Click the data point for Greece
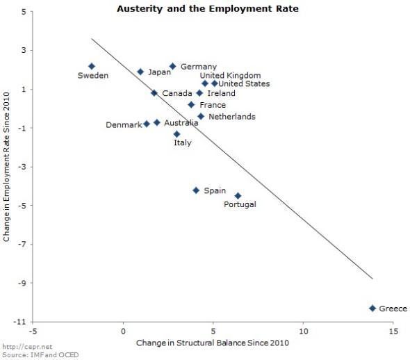[372, 308]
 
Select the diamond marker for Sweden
[92, 66]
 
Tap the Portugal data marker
[238, 196]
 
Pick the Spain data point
[196, 190]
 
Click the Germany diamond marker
[173, 66]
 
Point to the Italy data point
[177, 134]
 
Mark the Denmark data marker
[147, 124]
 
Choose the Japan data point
[140, 72]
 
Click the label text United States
[244, 84]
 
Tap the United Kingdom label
[230, 75]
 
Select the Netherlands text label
[231, 117]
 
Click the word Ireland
[221, 93]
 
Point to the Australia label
[181, 123]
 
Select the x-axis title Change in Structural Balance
[212, 343]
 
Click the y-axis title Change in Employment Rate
[7, 167]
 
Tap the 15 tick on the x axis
[393, 331]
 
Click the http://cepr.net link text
[21, 347]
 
